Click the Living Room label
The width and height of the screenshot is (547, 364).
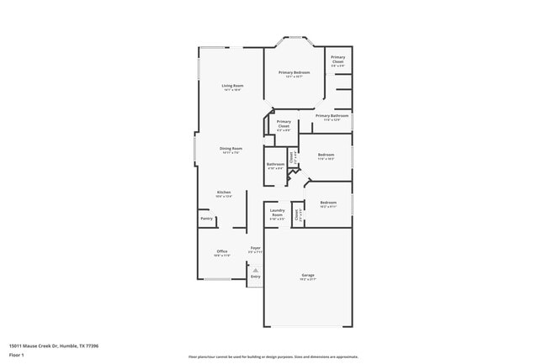(x=232, y=86)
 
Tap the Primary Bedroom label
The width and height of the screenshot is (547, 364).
(x=295, y=73)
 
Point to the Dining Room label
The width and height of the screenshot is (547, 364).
(x=231, y=149)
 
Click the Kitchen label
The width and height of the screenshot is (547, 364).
(x=223, y=193)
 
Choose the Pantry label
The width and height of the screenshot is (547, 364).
(x=206, y=219)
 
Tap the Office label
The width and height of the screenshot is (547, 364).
(x=222, y=251)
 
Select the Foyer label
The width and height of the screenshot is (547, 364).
(x=255, y=247)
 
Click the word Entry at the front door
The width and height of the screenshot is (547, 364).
(x=255, y=276)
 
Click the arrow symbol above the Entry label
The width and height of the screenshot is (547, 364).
(x=255, y=269)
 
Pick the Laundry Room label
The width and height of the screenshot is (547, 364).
(x=277, y=213)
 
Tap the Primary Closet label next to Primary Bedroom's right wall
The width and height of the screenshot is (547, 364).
(x=337, y=60)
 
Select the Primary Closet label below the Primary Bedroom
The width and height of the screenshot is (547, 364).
(x=284, y=124)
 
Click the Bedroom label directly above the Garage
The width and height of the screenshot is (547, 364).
(x=328, y=203)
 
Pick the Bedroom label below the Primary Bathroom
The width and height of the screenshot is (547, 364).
(x=326, y=155)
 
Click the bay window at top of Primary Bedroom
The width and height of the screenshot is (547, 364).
(x=295, y=38)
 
